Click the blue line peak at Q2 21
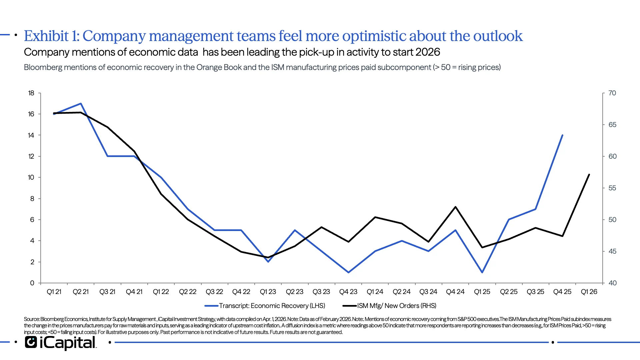click(x=81, y=104)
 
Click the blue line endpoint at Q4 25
click(x=562, y=135)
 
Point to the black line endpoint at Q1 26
click(x=589, y=175)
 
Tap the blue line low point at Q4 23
click(x=348, y=272)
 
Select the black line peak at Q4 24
click(x=455, y=207)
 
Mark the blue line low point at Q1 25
click(x=482, y=272)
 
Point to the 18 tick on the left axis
click(x=31, y=93)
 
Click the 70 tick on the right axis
click(x=612, y=93)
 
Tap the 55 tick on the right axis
click(x=612, y=188)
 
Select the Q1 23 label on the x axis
click(x=268, y=292)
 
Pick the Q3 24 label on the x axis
click(x=428, y=292)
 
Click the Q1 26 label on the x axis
click(x=589, y=292)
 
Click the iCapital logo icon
click(x=31, y=342)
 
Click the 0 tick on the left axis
click(x=32, y=283)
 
